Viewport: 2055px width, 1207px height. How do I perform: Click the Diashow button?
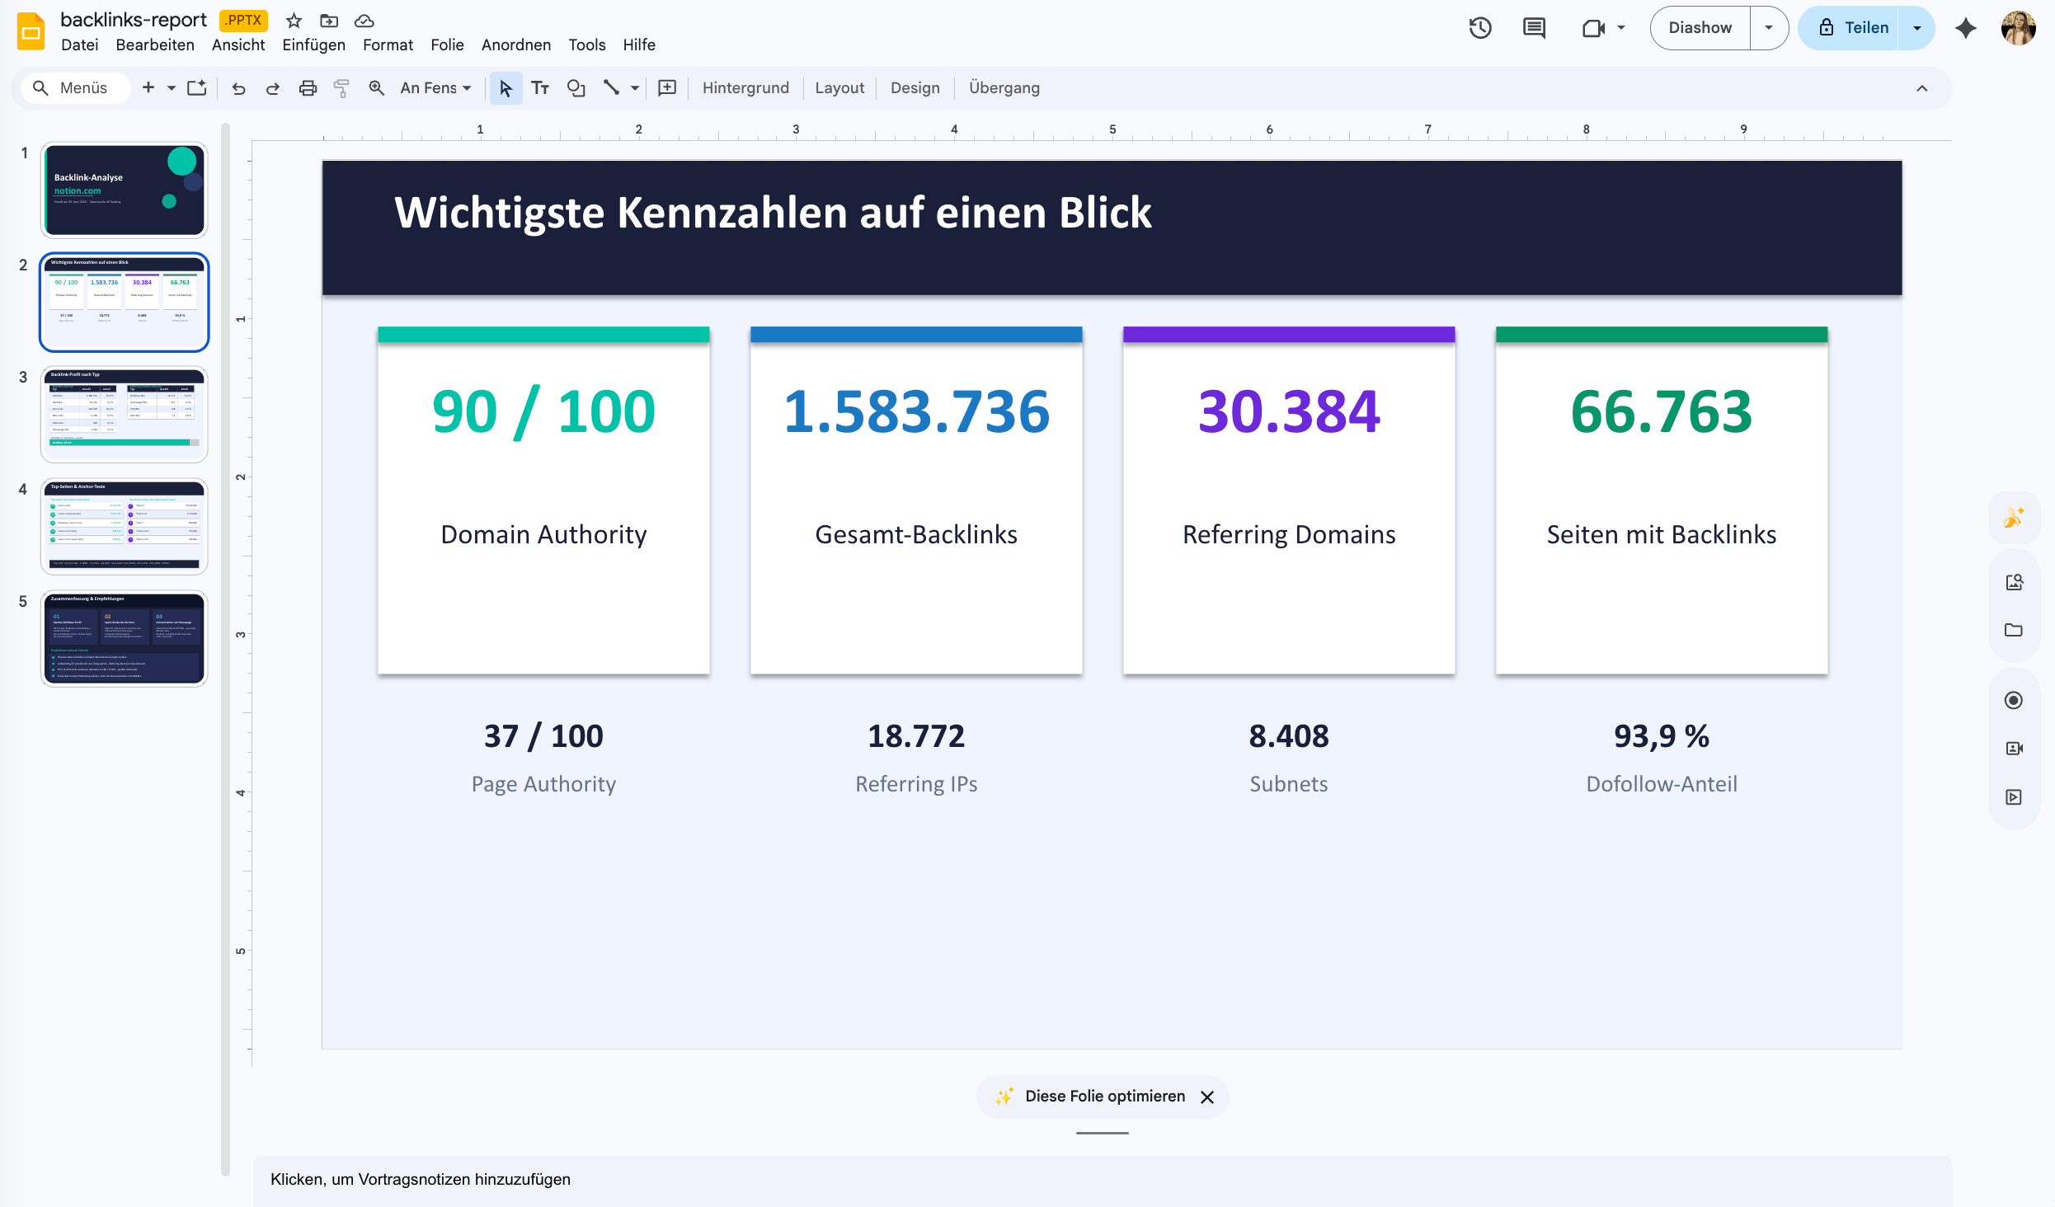pyautogui.click(x=1700, y=28)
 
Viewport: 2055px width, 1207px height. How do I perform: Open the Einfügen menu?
pyautogui.click(x=313, y=45)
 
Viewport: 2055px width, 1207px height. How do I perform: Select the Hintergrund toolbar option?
pyautogui.click(x=745, y=87)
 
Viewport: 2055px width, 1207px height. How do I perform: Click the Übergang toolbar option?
pyautogui.click(x=1004, y=87)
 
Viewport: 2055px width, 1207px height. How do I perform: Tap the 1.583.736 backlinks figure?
pyautogui.click(x=916, y=411)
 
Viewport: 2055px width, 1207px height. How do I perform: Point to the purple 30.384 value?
pyautogui.click(x=1289, y=411)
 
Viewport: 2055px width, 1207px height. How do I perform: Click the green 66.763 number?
pyautogui.click(x=1661, y=411)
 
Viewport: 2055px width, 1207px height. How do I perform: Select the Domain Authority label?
pyautogui.click(x=543, y=534)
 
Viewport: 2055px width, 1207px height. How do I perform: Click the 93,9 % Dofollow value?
pyautogui.click(x=1661, y=735)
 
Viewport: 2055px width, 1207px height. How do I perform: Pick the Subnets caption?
pyautogui.click(x=1288, y=783)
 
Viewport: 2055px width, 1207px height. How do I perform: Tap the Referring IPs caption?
pyautogui.click(x=916, y=783)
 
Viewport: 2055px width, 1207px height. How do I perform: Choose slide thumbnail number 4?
pyautogui.click(x=125, y=526)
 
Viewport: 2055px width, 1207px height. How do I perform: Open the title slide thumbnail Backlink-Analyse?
pyautogui.click(x=125, y=190)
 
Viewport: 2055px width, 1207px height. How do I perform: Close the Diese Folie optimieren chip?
pyautogui.click(x=1207, y=1097)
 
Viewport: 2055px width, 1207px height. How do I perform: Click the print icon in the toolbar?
pyautogui.click(x=308, y=87)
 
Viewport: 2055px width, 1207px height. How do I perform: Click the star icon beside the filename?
pyautogui.click(x=294, y=21)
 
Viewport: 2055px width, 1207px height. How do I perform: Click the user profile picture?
pyautogui.click(x=2018, y=28)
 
